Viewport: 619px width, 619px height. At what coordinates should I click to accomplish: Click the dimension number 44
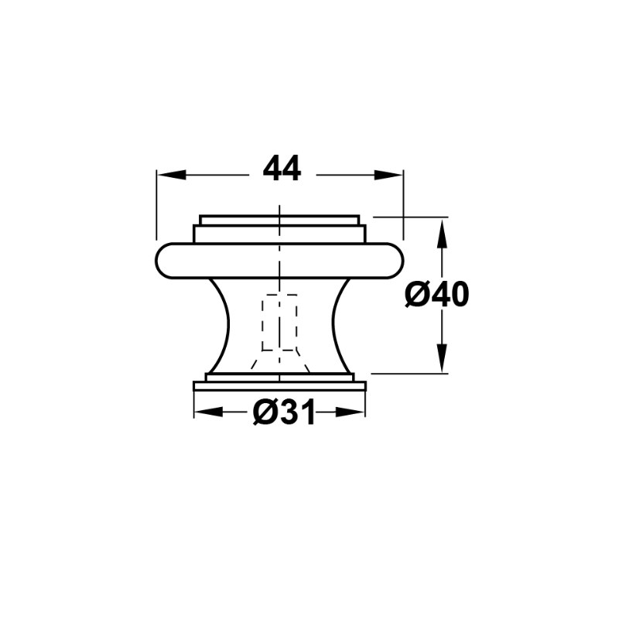pyautogui.click(x=282, y=168)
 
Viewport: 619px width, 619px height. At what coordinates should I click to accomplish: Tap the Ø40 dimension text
pyautogui.click(x=437, y=295)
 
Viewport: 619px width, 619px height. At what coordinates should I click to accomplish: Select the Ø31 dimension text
pyautogui.click(x=284, y=412)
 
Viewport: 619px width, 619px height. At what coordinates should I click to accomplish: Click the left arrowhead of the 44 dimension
pyautogui.click(x=171, y=175)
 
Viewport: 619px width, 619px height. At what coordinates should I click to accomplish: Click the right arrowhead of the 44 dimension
pyautogui.click(x=388, y=175)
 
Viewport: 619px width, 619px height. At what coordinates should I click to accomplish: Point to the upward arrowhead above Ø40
pyautogui.click(x=442, y=234)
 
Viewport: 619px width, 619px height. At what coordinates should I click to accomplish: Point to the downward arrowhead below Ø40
pyautogui.click(x=442, y=358)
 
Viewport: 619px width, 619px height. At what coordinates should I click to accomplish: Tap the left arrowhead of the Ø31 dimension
pyautogui.click(x=208, y=412)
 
